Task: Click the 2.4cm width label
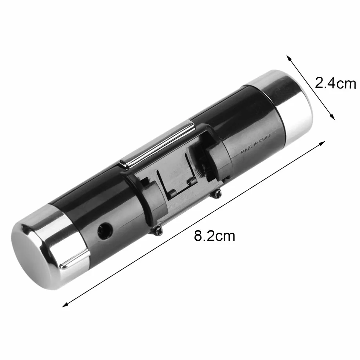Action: coord(335,83)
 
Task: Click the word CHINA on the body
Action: coord(265,138)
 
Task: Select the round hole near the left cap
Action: coord(105,230)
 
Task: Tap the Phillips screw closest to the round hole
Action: coord(158,231)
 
